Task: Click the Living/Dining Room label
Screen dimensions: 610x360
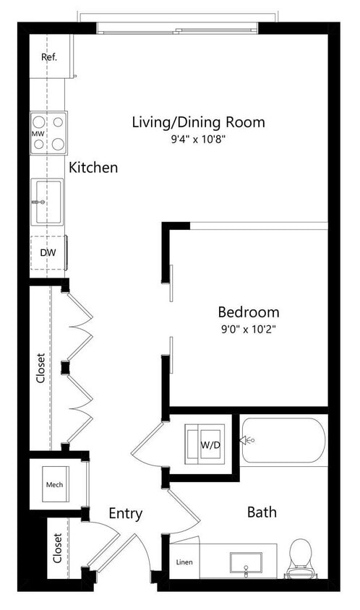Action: (x=198, y=121)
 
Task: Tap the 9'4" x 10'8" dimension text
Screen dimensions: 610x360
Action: (x=198, y=139)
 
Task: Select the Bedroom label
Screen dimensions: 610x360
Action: (x=249, y=312)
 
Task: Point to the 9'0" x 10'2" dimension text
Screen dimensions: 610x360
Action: (x=249, y=329)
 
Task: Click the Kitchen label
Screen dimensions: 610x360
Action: (x=93, y=168)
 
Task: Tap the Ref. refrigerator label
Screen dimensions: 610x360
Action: (x=49, y=56)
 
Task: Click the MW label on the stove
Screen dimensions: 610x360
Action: (x=38, y=134)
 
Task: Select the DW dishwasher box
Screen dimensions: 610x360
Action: (x=48, y=253)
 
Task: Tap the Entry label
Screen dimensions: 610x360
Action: (x=125, y=514)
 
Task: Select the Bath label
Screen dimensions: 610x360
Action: (x=262, y=512)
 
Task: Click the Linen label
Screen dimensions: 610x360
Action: (x=184, y=562)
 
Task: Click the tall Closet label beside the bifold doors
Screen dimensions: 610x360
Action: (x=41, y=368)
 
